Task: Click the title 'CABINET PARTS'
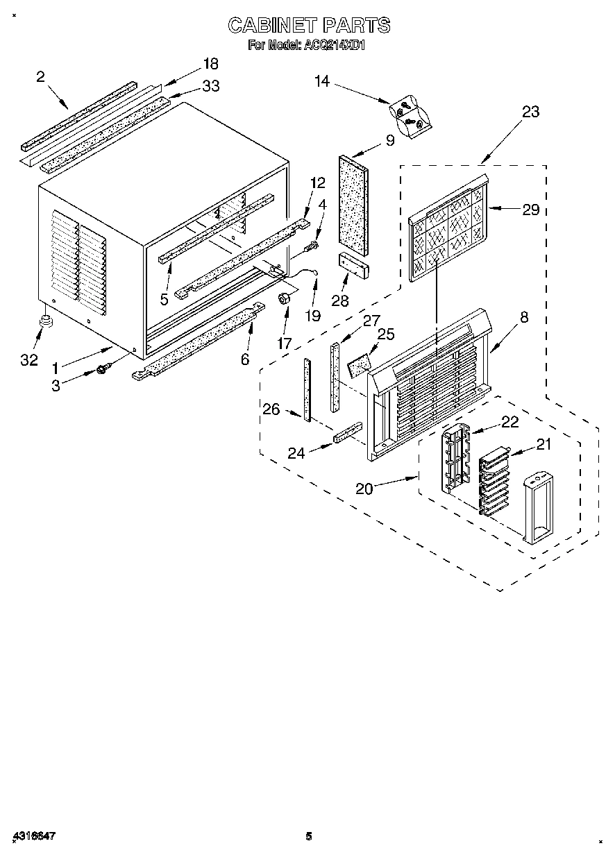pos(309,26)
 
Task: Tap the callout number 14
pos(321,81)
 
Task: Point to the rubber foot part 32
pos(47,320)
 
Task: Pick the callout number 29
pos(530,209)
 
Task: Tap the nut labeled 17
pos(283,299)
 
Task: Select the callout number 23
pos(530,112)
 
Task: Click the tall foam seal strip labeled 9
pos(353,201)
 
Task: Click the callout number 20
pos(364,489)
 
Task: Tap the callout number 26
pos(271,409)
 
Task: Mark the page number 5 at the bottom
pos(309,836)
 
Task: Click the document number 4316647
pos(34,836)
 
